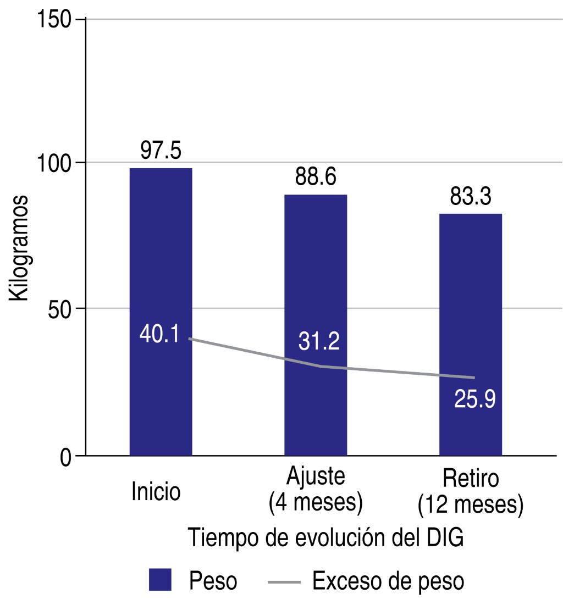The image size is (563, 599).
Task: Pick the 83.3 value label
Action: click(x=470, y=196)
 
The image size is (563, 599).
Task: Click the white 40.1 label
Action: click(x=159, y=335)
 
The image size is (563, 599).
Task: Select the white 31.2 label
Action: click(x=319, y=342)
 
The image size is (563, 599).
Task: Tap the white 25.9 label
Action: click(x=475, y=398)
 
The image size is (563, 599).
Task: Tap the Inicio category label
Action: click(x=156, y=491)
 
